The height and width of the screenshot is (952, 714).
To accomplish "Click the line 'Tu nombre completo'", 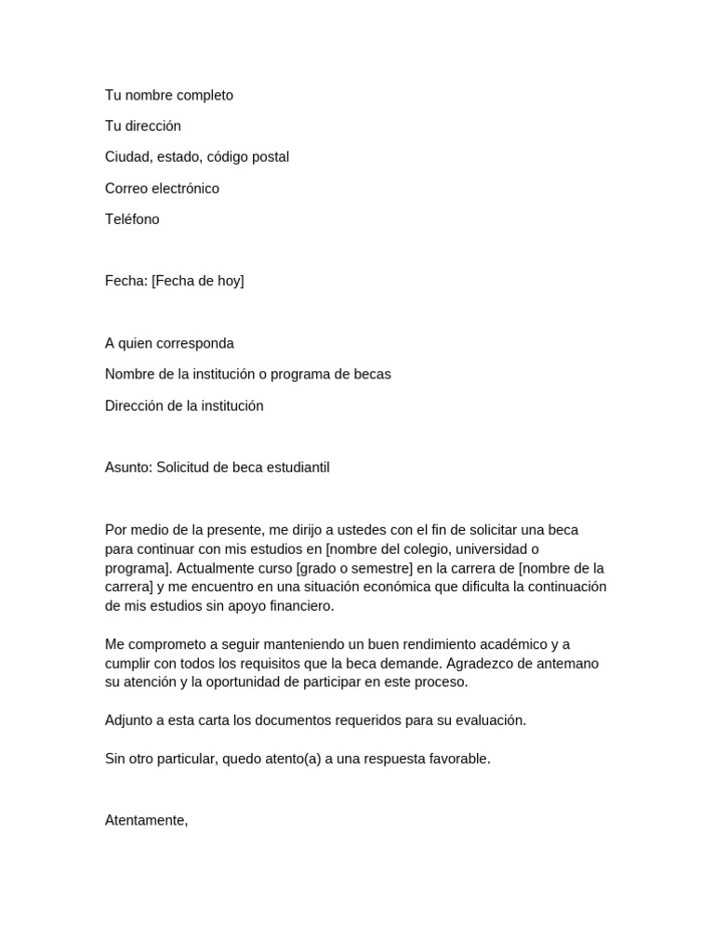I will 169,95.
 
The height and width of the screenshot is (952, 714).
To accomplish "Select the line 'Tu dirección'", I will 143,126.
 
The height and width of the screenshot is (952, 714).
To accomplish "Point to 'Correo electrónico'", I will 162,189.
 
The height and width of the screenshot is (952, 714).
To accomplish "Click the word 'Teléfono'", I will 132,219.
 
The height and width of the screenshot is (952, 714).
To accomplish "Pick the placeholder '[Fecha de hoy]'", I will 198,281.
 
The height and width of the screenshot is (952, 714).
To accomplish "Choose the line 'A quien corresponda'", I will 169,344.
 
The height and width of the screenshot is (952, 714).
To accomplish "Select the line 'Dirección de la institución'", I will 184,406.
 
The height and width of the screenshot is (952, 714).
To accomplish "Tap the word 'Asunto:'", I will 128,468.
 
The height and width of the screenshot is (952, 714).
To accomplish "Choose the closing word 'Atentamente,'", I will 147,821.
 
